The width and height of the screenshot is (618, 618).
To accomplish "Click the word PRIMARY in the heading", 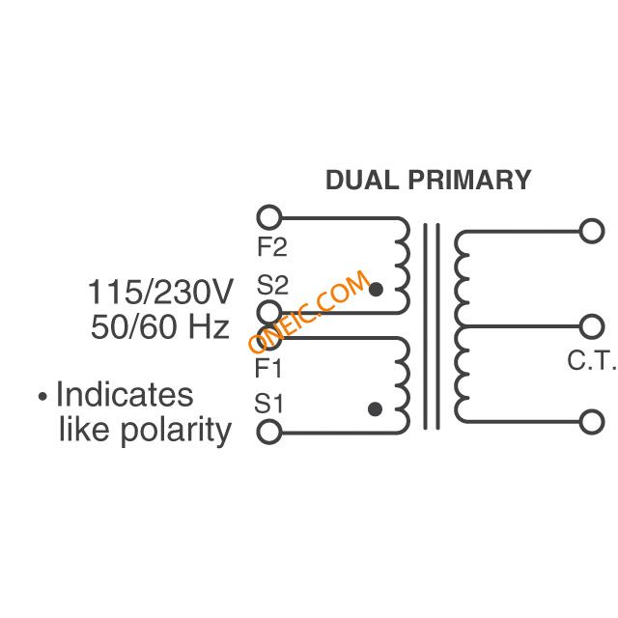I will pyautogui.click(x=469, y=181).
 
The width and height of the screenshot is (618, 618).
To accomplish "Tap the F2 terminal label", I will pyautogui.click(x=272, y=247).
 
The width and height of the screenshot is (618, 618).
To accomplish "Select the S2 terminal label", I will pyautogui.click(x=272, y=286).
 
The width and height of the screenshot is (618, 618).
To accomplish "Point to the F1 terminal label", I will pyautogui.click(x=269, y=368).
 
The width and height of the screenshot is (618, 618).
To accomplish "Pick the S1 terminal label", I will pyautogui.click(x=269, y=403).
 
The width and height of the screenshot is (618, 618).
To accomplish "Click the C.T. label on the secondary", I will pyautogui.click(x=591, y=361).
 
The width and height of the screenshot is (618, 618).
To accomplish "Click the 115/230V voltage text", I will pyautogui.click(x=160, y=292).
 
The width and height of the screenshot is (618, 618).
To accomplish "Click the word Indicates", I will pyautogui.click(x=125, y=395).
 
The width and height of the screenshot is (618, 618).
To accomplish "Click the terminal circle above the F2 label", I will pyautogui.click(x=270, y=216).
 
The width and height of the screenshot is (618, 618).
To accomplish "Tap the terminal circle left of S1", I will pyautogui.click(x=270, y=432).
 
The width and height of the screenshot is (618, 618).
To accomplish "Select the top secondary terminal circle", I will pyautogui.click(x=592, y=231).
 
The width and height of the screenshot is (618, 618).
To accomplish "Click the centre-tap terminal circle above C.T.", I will pyautogui.click(x=592, y=325).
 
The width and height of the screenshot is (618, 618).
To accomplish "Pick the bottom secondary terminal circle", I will pyautogui.click(x=592, y=421).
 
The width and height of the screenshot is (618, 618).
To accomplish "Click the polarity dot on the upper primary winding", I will pyautogui.click(x=376, y=289).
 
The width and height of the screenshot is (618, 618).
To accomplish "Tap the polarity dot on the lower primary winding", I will pyautogui.click(x=375, y=409).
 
